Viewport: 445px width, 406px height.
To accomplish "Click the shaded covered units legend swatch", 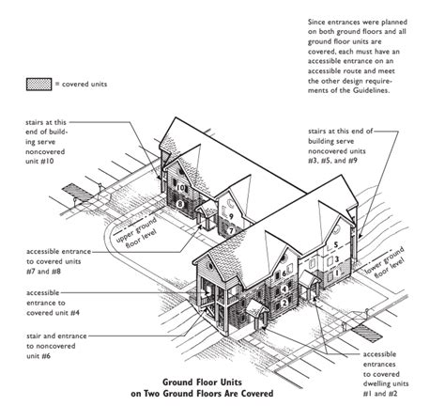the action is (38, 85).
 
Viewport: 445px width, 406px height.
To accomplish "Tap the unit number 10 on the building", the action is (180, 188).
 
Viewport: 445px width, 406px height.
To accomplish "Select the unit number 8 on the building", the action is (179, 205).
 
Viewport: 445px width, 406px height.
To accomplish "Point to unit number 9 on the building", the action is (231, 216).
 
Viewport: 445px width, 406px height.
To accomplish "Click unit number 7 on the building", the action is (231, 231).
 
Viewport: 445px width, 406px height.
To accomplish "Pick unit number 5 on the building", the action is (336, 244).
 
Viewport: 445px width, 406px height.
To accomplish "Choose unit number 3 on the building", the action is (337, 259).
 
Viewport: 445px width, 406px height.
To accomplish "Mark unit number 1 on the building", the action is (337, 273).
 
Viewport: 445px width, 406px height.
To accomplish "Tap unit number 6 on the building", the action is (284, 273).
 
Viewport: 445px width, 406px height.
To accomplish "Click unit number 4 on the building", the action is (284, 289).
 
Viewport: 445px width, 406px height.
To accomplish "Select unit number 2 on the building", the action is (284, 303).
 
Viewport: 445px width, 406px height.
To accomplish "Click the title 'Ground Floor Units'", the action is (202, 383).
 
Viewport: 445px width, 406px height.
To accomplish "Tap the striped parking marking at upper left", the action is (77, 193).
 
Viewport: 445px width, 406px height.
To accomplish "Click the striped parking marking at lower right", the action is (366, 334).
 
